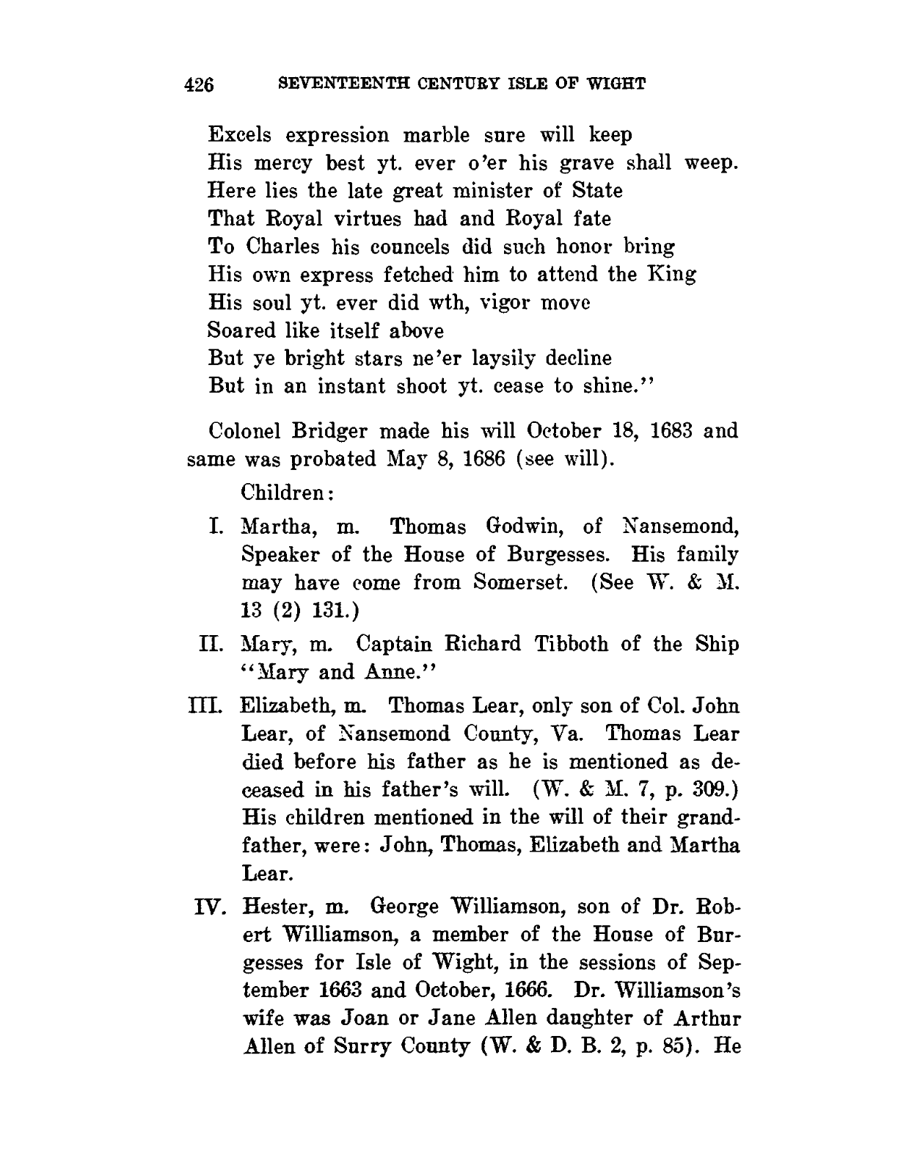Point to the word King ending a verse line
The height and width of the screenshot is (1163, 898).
pyautogui.click(x=672, y=274)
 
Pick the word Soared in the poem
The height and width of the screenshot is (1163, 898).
pyautogui.click(x=241, y=330)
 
